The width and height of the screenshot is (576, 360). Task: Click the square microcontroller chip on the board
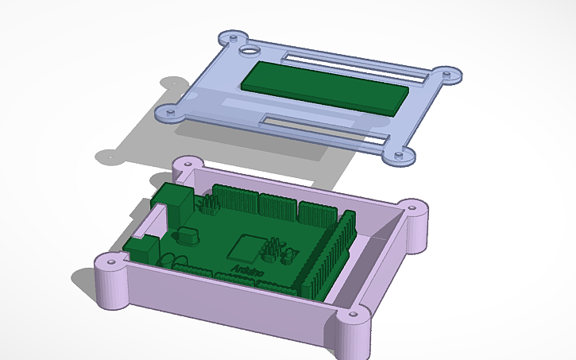pyautogui.click(x=244, y=249)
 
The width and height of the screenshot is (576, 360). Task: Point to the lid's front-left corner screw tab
pyautogui.click(x=171, y=114)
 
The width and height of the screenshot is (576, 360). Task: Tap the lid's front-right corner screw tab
pyautogui.click(x=396, y=154)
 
